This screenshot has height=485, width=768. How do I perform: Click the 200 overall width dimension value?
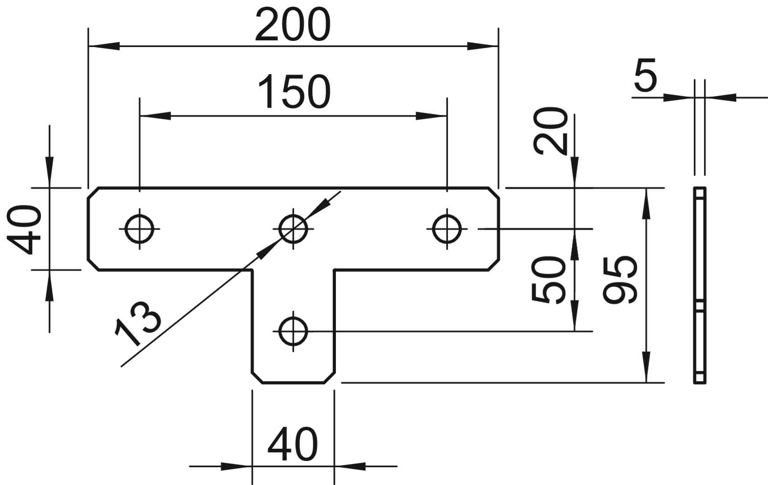[292, 26]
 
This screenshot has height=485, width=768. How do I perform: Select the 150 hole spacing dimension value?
[294, 92]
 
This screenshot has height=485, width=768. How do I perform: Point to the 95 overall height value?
[620, 280]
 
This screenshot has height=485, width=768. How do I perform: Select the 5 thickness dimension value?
[645, 76]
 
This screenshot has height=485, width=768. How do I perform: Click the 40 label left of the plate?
[25, 229]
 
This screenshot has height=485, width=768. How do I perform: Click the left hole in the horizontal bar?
[139, 228]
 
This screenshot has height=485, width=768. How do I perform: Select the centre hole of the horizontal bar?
[293, 228]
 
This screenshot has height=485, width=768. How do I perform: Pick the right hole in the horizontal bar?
[446, 228]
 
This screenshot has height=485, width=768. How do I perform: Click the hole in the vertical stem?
[293, 331]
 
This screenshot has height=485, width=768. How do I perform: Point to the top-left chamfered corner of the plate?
[93, 193]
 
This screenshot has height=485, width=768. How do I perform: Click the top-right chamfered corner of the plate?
[493, 193]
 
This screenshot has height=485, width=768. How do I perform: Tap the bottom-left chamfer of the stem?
[257, 378]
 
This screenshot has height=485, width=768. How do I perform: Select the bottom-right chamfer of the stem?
[329, 378]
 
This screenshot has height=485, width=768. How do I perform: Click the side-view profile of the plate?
[699, 285]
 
